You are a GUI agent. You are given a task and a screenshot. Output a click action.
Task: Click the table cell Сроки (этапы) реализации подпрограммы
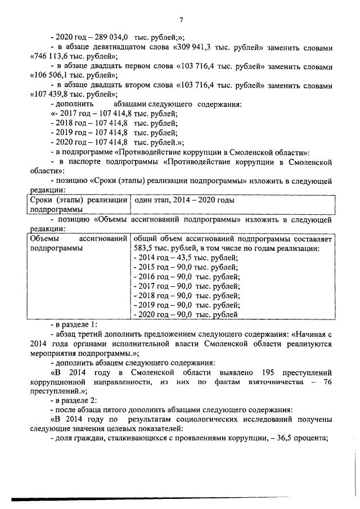coord(79,204)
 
